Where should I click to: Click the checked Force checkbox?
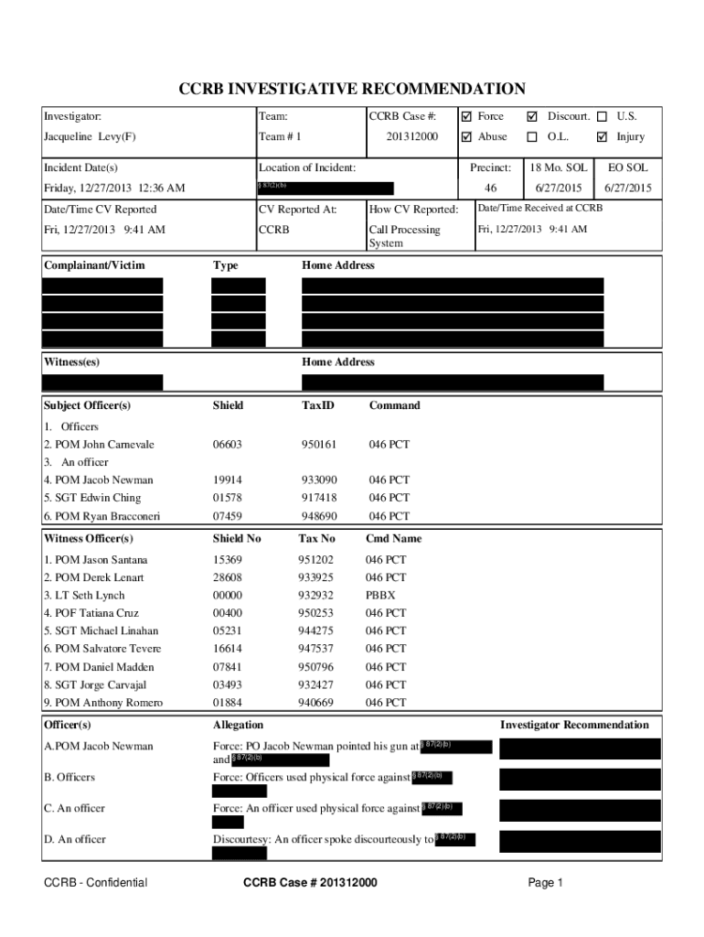click(467, 117)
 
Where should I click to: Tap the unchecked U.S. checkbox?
click(602, 117)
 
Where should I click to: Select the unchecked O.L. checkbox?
click(532, 137)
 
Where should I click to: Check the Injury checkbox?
click(602, 137)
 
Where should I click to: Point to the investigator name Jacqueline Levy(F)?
click(91, 137)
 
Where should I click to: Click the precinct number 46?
click(490, 188)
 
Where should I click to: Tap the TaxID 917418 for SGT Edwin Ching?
click(319, 499)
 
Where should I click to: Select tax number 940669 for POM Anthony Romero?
click(315, 703)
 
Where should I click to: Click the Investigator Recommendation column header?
click(573, 726)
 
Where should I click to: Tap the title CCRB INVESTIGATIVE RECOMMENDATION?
click(351, 89)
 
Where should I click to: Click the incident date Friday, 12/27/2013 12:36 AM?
click(114, 188)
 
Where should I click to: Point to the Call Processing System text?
click(403, 237)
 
